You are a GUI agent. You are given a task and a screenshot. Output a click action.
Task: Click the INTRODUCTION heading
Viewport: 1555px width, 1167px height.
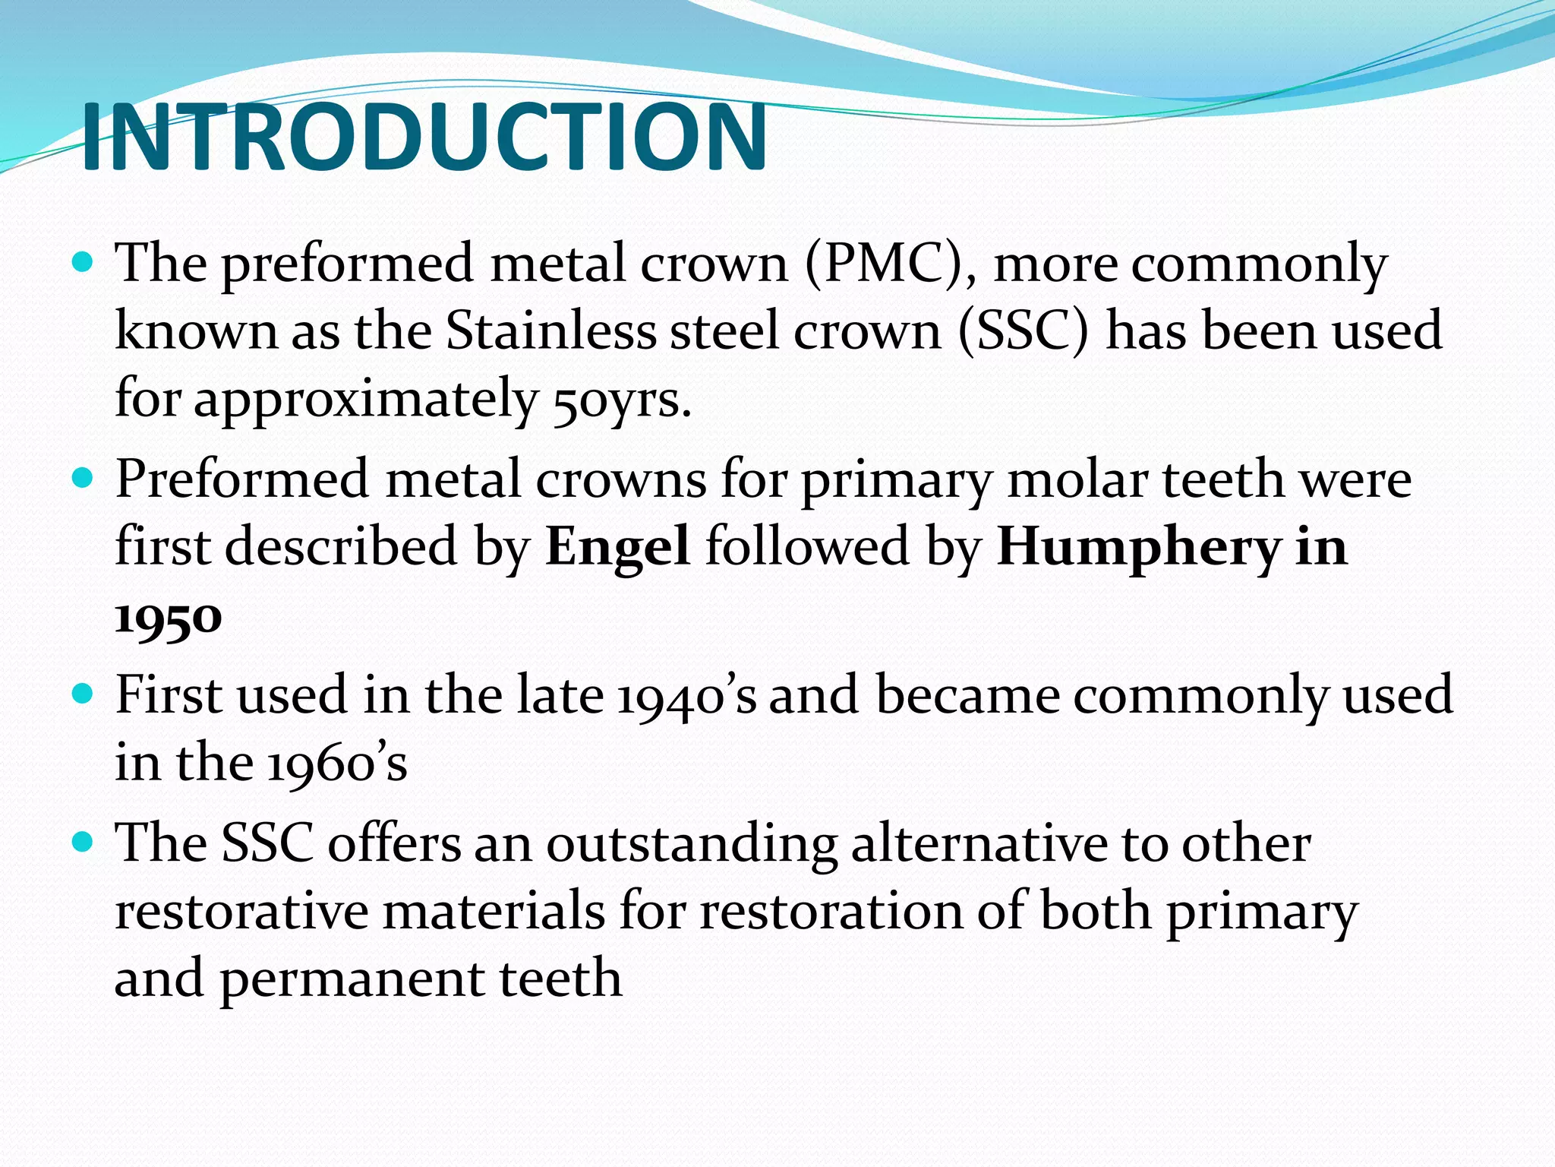coord(424,137)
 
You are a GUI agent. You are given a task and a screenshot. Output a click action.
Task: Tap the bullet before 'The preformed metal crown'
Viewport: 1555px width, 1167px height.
coord(81,264)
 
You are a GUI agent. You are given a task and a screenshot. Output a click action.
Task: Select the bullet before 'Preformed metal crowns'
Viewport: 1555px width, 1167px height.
coord(81,479)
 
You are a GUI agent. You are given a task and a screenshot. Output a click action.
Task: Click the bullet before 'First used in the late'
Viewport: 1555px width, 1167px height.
coord(81,694)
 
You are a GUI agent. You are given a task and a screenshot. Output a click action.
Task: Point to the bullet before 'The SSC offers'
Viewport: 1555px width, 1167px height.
coord(81,843)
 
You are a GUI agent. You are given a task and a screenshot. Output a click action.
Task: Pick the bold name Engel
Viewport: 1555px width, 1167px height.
coord(617,547)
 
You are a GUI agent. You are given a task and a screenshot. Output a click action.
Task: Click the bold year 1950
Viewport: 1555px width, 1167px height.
coord(168,617)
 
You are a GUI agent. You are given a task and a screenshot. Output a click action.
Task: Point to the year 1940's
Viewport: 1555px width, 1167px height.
coord(686,696)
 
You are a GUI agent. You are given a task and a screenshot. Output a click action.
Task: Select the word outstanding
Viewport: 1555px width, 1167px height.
coord(692,845)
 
